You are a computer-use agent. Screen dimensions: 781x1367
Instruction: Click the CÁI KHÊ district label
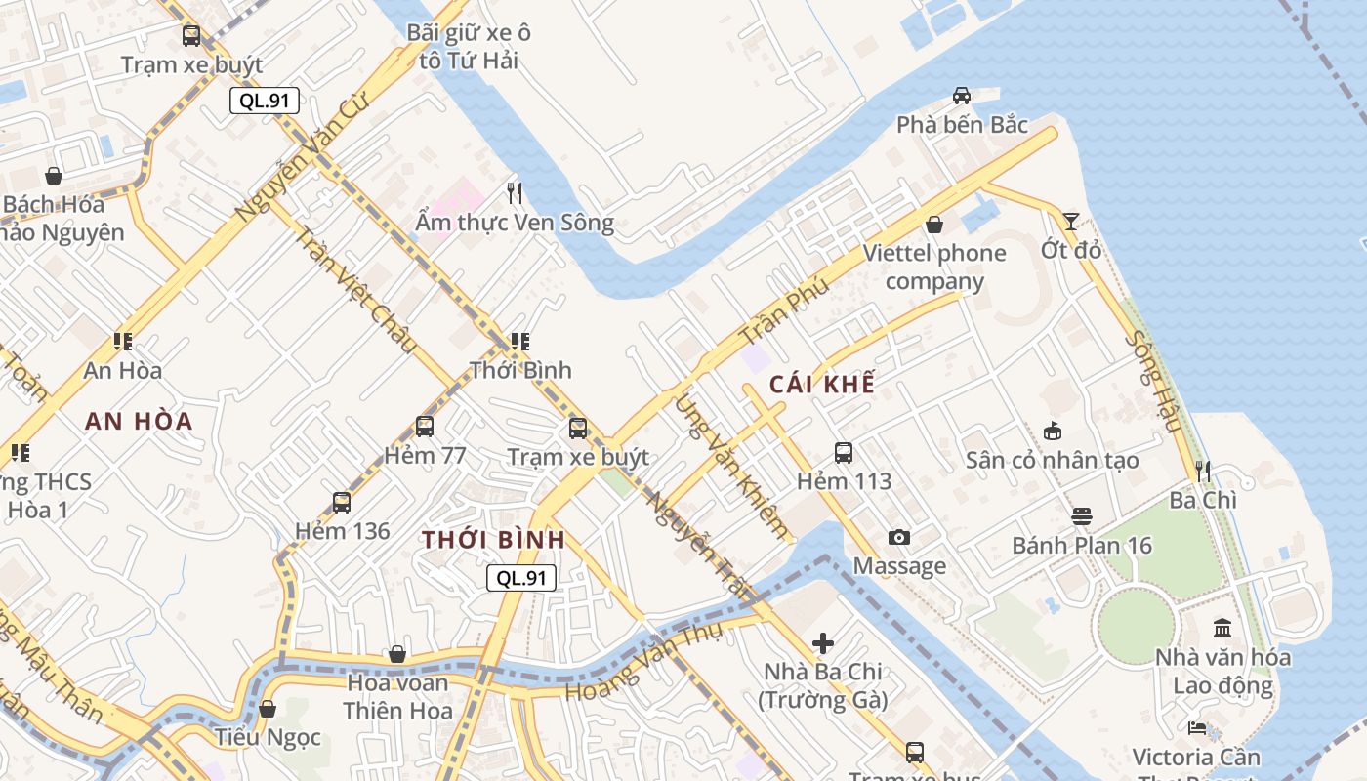pos(822,384)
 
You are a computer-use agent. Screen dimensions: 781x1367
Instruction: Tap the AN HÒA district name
pos(139,422)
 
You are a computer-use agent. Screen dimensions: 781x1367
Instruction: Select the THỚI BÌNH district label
pos(493,540)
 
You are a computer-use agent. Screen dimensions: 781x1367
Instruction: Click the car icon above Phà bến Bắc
pos(962,96)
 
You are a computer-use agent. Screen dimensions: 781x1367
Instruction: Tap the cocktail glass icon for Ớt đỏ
pos(1071,222)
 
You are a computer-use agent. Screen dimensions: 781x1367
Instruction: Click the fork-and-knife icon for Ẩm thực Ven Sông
pos(515,193)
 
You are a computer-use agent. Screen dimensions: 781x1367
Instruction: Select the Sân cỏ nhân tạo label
pos(1052,460)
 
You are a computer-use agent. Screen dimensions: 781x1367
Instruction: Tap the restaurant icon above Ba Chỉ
pos(1203,472)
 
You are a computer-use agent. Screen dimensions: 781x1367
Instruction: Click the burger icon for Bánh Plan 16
pos(1082,516)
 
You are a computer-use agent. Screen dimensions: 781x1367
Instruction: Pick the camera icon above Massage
pos(899,538)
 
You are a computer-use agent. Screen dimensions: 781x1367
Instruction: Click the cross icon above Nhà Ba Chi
pos(824,643)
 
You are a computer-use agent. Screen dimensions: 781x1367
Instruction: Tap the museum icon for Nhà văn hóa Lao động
pos(1222,629)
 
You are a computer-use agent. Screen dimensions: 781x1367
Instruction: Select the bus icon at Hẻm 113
pos(844,453)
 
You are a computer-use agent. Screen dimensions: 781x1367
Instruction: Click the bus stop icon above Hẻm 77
pos(425,427)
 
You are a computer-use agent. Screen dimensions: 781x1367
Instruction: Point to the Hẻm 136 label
pos(342,531)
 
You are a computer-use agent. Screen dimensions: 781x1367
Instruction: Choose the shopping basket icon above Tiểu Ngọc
pos(267,709)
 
